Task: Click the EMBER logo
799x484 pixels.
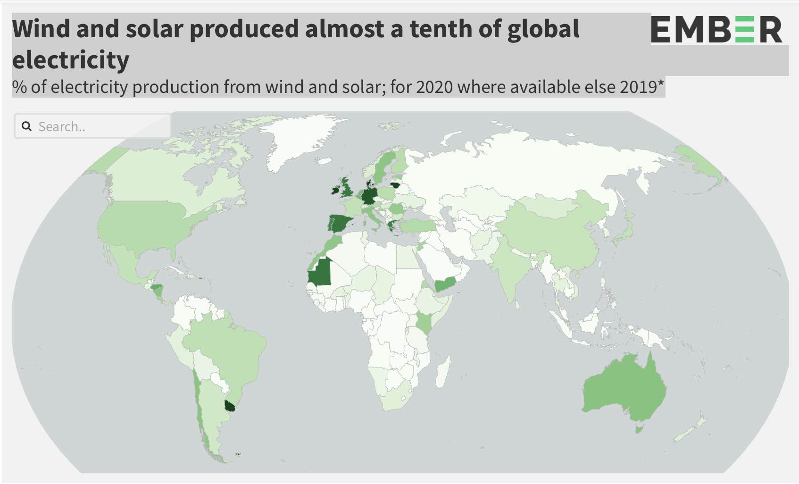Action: click(716, 29)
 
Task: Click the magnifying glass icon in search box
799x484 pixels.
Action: click(27, 126)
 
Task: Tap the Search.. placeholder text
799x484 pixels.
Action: click(62, 126)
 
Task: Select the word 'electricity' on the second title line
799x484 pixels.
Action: click(71, 60)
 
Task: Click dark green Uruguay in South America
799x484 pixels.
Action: click(230, 406)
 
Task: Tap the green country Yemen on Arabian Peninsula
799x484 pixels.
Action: click(446, 284)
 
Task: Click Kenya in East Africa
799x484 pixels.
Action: click(424, 323)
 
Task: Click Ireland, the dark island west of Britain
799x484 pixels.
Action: click(335, 190)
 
